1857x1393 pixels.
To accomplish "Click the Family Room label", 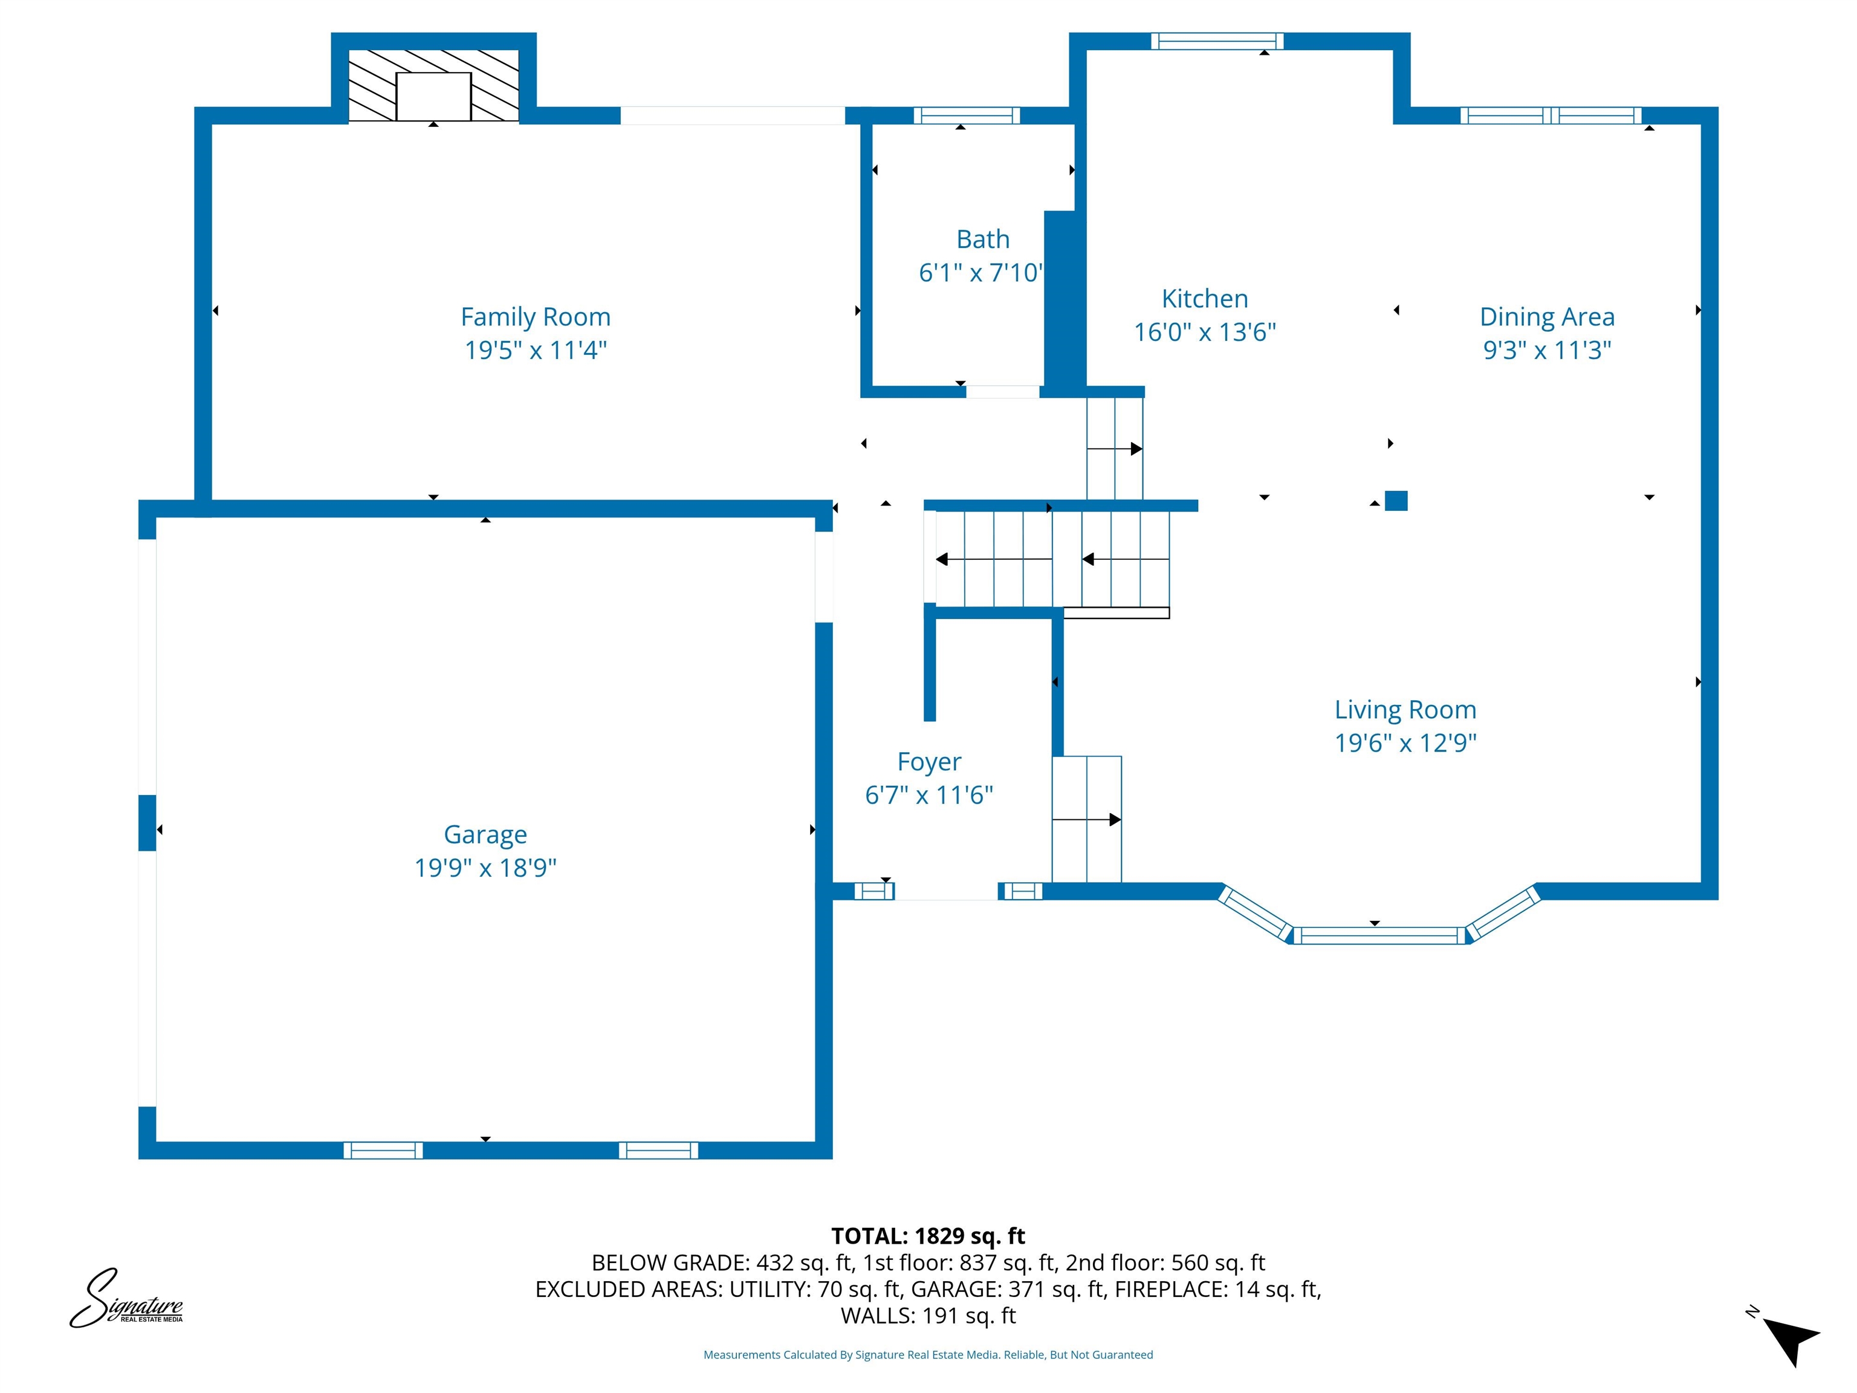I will pos(536,317).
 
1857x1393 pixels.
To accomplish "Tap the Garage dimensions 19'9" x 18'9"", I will pos(485,868).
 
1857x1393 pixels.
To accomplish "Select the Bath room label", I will pos(982,239).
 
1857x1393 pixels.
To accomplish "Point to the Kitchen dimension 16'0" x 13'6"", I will pos(1205,333).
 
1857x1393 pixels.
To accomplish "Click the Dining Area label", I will pos(1546,317).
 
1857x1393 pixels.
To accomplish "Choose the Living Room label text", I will pos(1405,710).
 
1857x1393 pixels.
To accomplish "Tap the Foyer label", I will pos(928,762).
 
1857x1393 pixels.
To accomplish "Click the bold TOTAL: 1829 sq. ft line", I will pos(928,1236).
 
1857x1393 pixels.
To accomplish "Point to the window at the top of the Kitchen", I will pos(1216,41).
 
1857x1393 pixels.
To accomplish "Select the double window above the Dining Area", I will pos(1550,116).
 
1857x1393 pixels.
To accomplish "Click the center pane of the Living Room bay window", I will pos(1378,935).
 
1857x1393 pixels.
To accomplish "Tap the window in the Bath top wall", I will pos(966,116).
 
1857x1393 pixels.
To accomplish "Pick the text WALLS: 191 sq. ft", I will pos(928,1316).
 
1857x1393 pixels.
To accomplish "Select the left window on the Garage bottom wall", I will pos(383,1151).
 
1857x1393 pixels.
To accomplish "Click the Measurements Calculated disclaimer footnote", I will pos(928,1354).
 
